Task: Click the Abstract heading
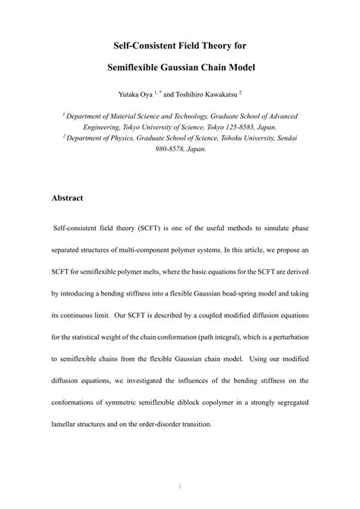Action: [x=67, y=198]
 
